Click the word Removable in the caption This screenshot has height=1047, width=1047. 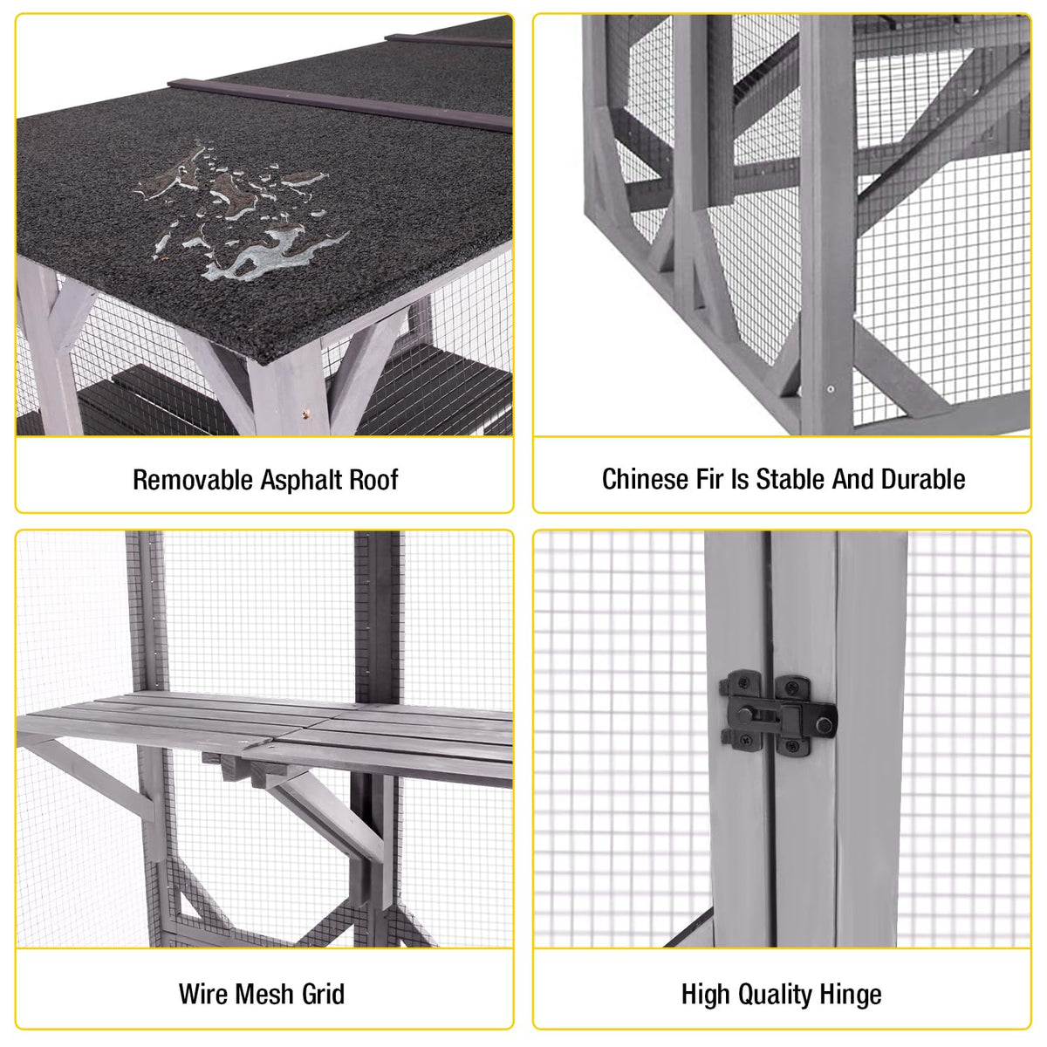pos(193,480)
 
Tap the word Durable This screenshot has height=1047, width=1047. pos(922,479)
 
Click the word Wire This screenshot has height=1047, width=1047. pos(203,995)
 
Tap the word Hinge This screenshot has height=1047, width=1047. pos(851,996)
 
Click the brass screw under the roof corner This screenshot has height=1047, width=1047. pos(306,414)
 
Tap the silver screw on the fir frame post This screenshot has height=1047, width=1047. pos(830,389)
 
